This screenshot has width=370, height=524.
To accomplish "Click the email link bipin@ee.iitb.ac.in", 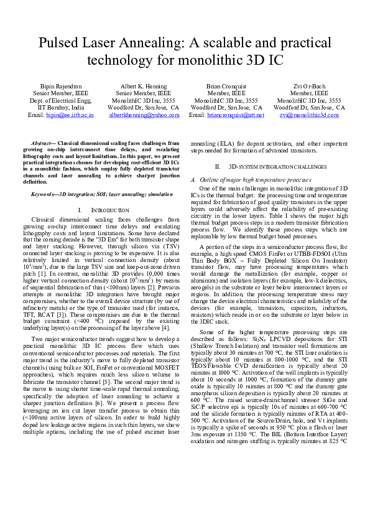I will [70, 115].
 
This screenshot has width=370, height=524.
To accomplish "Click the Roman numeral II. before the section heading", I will [218, 167].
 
